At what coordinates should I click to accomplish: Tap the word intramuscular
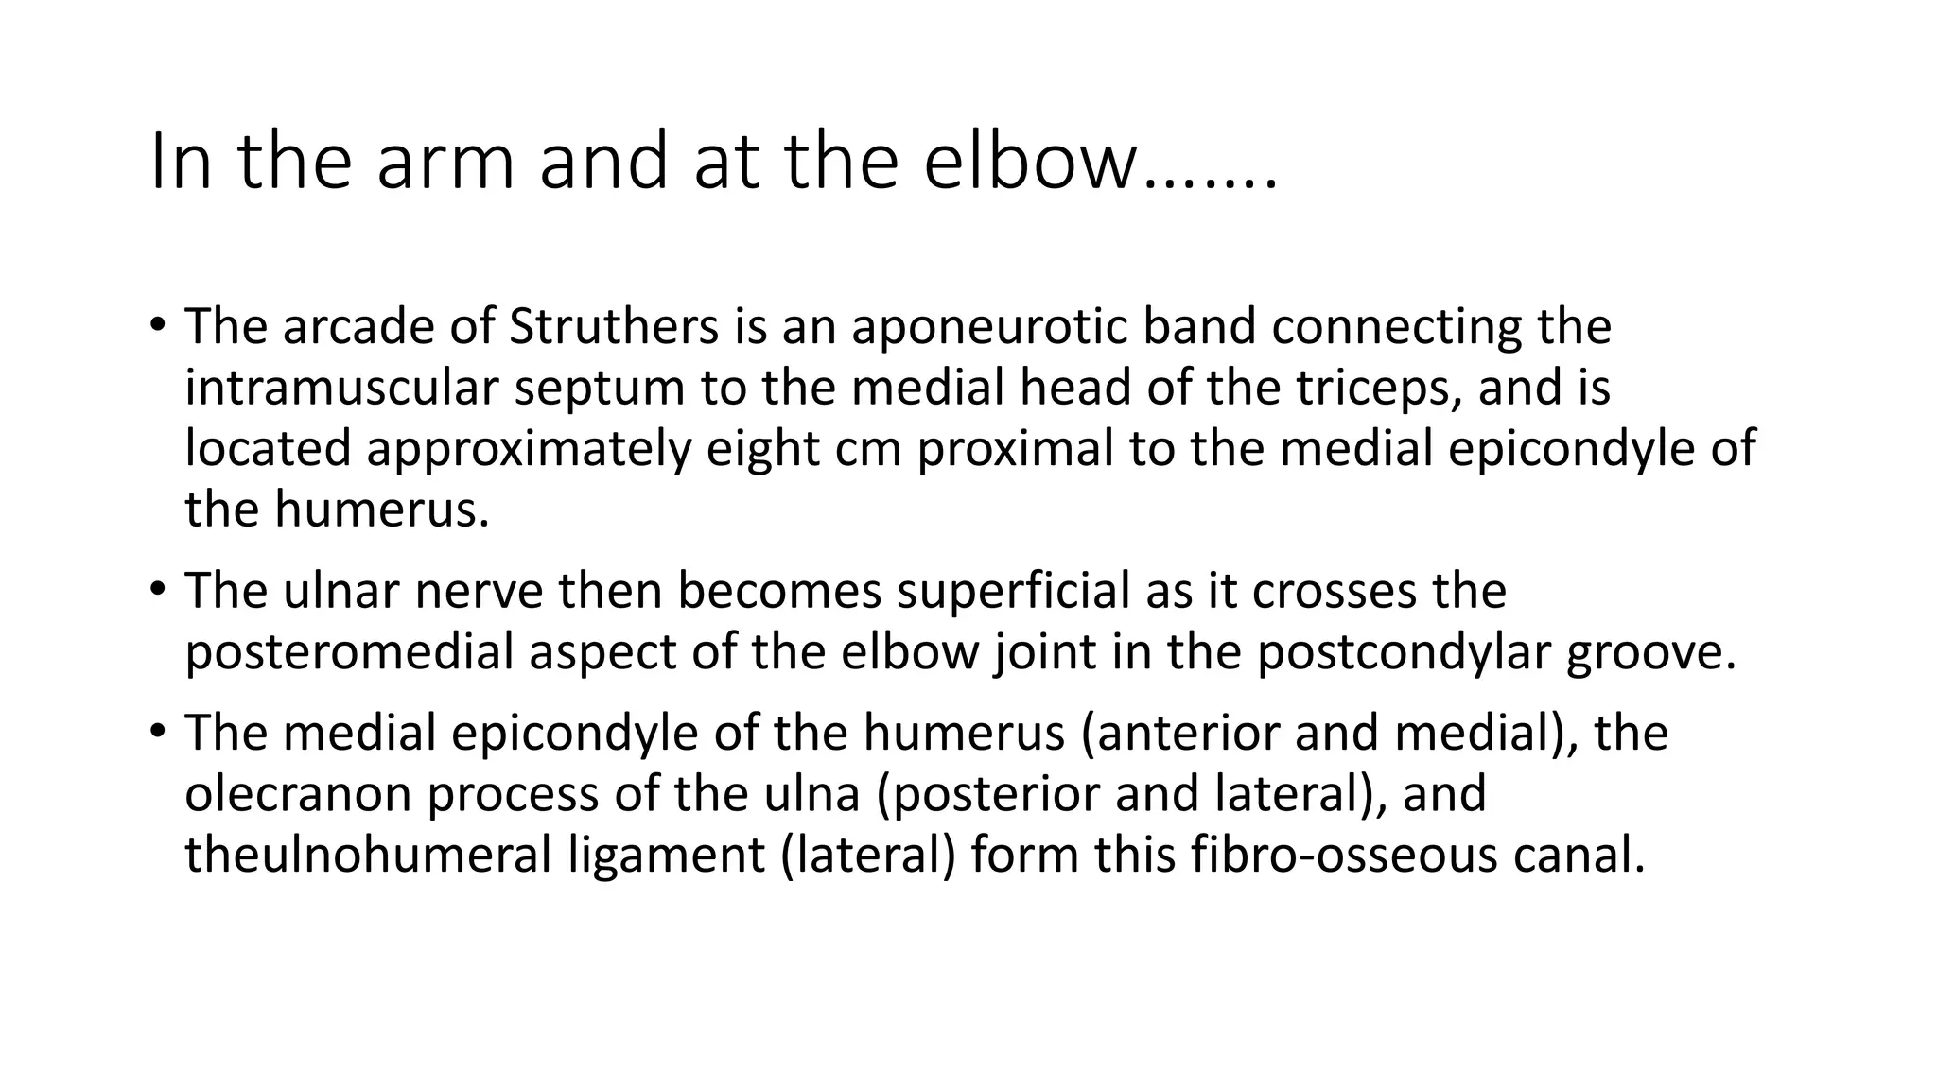pos(340,388)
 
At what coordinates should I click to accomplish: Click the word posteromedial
pos(349,652)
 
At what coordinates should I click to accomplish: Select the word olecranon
pos(297,793)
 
